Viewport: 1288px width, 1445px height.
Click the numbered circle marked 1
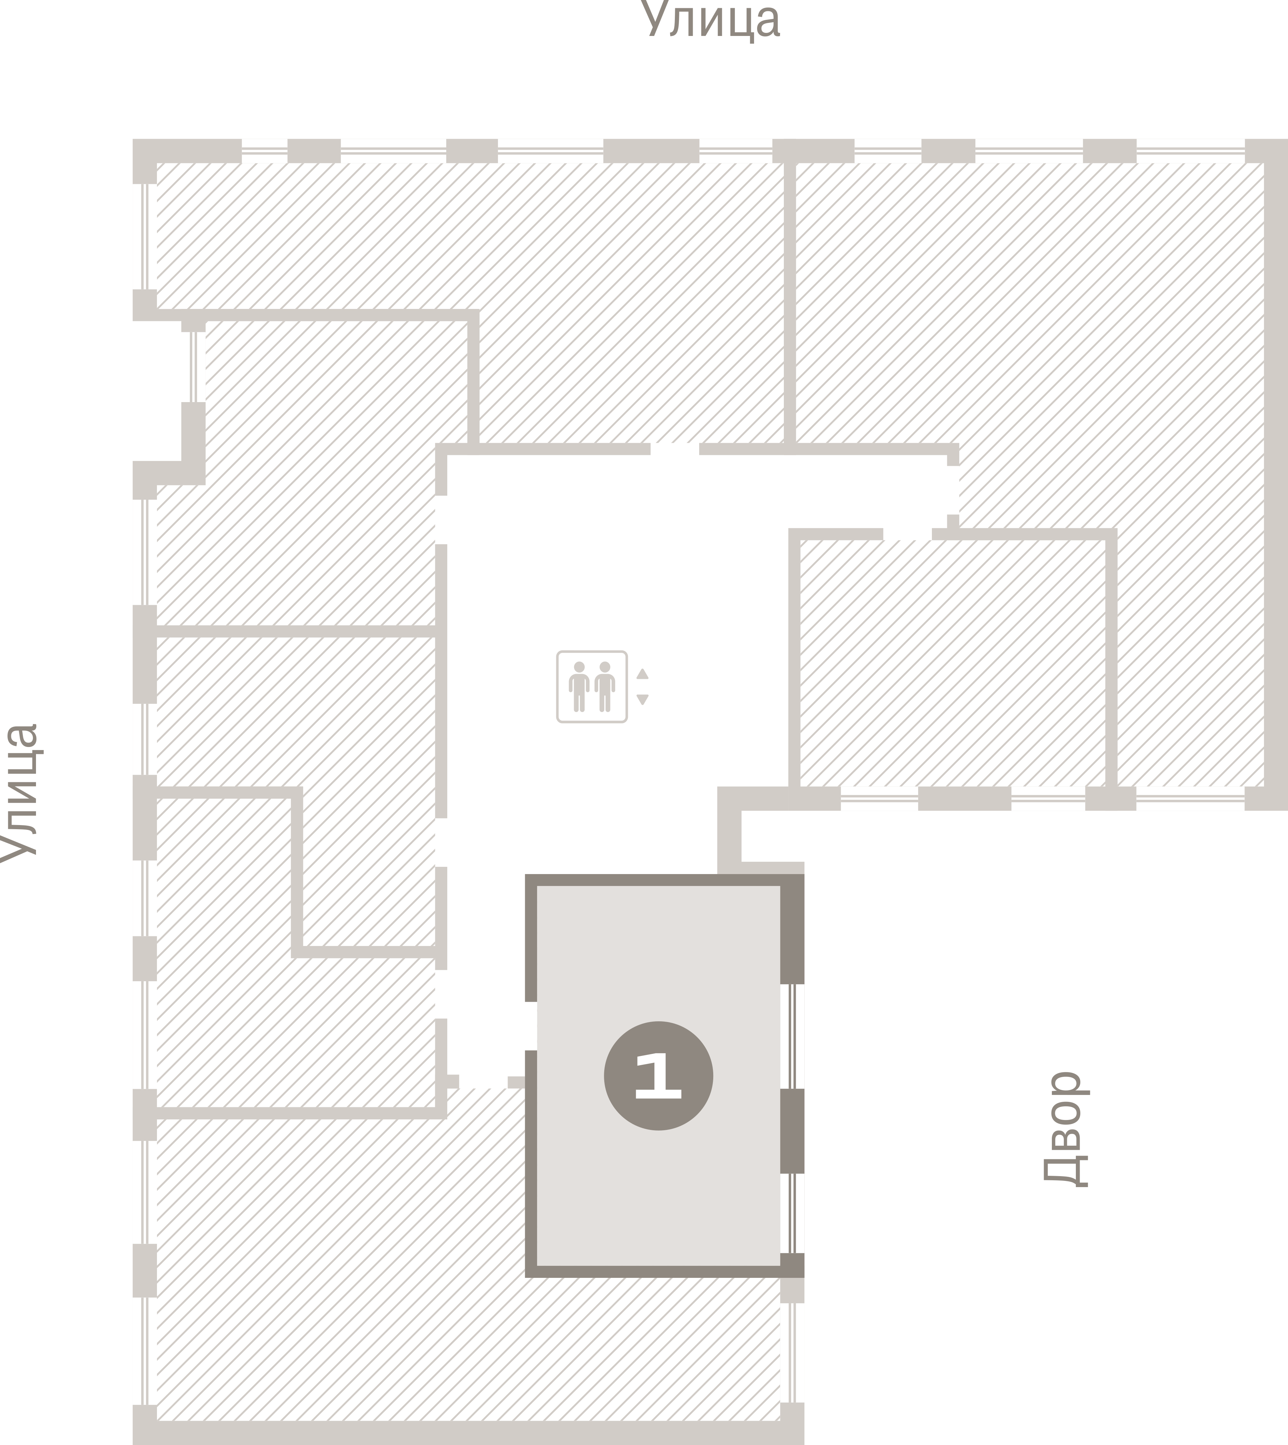coord(658,1076)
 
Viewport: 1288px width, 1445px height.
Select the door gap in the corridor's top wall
coord(675,449)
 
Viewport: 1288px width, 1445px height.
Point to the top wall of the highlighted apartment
coord(665,880)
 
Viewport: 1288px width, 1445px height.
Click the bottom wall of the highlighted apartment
coord(665,1271)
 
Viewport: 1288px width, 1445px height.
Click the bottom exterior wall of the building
coord(469,1433)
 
